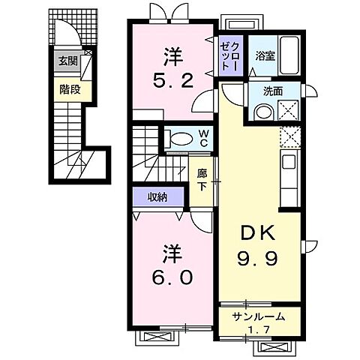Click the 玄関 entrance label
(69, 61)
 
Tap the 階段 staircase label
(69, 88)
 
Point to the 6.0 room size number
(172, 277)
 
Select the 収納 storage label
(157, 197)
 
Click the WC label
(202, 138)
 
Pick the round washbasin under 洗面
(263, 112)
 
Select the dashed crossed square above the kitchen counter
(290, 137)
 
